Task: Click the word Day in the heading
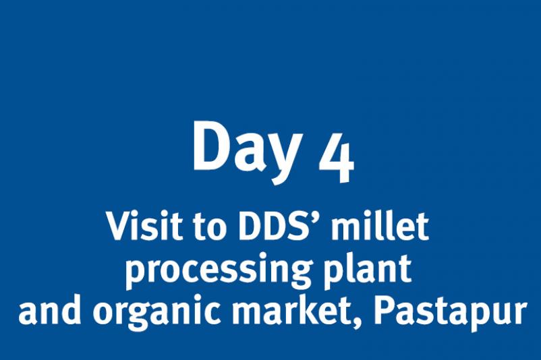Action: point(247,151)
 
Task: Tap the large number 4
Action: point(337,158)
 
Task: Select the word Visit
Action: point(144,226)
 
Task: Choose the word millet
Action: point(380,226)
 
